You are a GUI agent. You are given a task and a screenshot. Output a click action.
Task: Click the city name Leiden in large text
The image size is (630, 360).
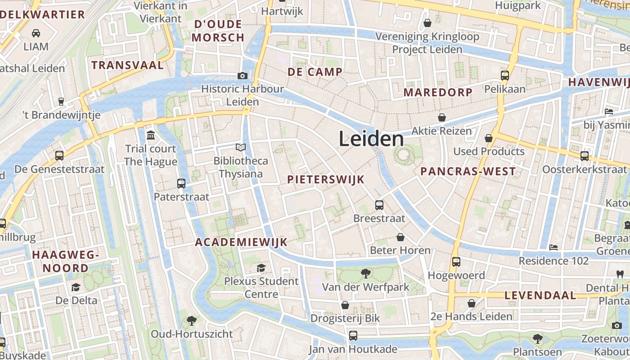click(371, 139)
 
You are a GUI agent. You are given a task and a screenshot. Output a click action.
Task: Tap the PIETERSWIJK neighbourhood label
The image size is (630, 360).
click(326, 180)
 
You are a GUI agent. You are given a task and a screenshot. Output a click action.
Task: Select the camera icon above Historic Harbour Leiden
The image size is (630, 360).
click(243, 76)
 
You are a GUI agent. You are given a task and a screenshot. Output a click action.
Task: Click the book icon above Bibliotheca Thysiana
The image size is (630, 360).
click(241, 147)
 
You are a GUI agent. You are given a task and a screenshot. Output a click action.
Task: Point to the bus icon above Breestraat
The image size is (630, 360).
click(379, 205)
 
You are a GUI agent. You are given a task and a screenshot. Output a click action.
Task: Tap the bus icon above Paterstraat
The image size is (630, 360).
click(181, 184)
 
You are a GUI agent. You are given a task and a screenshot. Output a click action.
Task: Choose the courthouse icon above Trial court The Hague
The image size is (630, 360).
click(151, 135)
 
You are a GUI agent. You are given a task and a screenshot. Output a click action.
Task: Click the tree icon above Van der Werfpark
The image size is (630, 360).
click(365, 273)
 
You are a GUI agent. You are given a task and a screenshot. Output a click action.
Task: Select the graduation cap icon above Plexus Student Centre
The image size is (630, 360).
click(261, 268)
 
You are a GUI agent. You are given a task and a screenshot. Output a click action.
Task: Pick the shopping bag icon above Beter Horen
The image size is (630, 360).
click(400, 237)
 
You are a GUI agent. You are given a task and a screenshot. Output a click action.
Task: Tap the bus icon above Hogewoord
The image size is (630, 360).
click(456, 262)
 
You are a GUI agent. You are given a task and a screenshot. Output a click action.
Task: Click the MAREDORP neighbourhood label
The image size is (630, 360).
click(438, 93)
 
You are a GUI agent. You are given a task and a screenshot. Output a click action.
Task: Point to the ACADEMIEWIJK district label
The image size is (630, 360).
click(241, 242)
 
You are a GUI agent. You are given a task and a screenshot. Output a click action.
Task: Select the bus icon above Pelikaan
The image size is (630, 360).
click(505, 76)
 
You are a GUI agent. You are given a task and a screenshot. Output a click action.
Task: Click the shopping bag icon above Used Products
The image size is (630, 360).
click(489, 138)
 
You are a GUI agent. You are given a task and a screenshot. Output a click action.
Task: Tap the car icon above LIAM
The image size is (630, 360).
click(36, 33)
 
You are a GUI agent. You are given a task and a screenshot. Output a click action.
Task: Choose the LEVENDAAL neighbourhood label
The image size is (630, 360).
click(540, 295)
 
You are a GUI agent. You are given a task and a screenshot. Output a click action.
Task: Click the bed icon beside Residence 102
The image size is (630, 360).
click(553, 247)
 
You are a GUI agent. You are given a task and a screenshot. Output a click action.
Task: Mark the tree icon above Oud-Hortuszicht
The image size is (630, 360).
click(192, 320)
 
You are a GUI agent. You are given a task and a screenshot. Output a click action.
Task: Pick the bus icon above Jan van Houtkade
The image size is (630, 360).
click(353, 336)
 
